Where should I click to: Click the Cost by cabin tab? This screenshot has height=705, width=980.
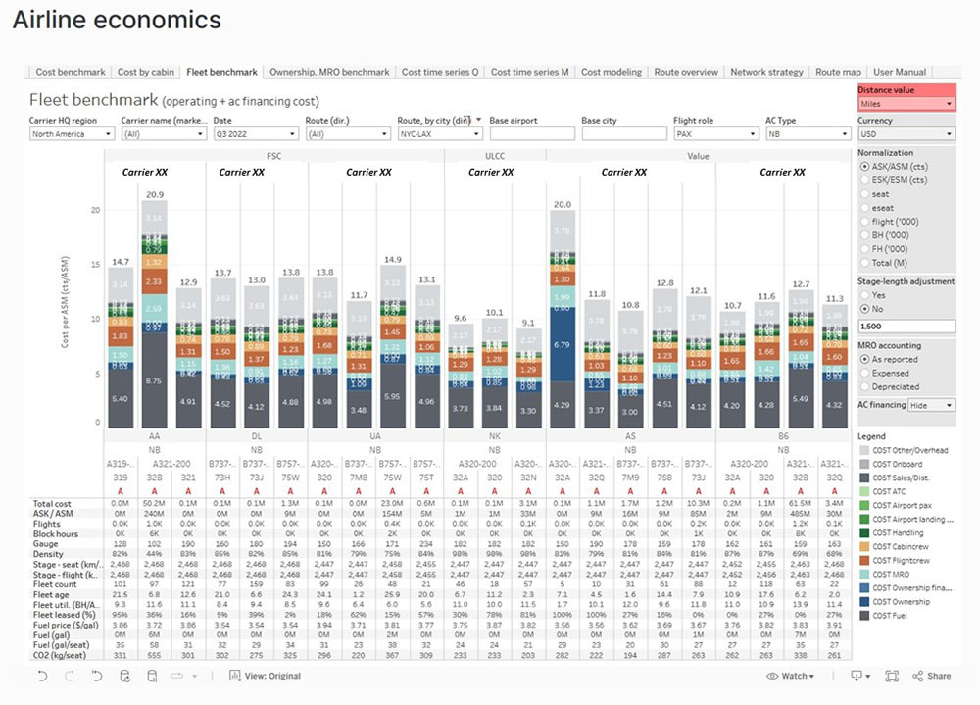point(146,72)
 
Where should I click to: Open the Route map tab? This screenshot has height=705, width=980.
point(838,72)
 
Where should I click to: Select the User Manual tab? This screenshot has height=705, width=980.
point(900,72)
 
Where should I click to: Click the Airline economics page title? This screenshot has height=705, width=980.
point(117,20)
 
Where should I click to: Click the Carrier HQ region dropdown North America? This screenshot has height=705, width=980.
point(71,134)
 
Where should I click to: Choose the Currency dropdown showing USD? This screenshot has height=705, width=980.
point(906,134)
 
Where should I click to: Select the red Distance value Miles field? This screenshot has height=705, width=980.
point(906,103)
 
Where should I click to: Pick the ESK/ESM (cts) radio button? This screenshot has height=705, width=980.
point(864,180)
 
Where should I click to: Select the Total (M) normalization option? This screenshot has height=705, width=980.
point(864,263)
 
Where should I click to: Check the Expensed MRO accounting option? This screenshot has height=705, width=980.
point(864,374)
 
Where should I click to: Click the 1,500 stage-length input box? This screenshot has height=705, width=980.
point(906,326)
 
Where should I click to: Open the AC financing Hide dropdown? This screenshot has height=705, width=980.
point(932,405)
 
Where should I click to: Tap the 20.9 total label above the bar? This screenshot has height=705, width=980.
point(154,195)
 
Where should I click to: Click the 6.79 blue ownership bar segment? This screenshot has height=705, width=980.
point(563,345)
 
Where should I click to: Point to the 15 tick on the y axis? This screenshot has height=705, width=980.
point(95,265)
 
